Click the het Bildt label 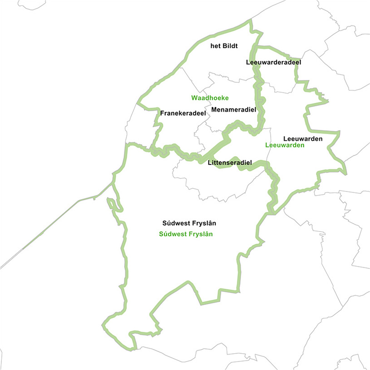coord(224,46)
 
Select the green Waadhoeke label coord(209,98)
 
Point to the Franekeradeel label coord(183,113)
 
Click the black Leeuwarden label coord(302,138)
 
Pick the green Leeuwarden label coord(284,146)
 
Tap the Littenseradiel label coord(229,162)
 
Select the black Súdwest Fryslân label coord(189,223)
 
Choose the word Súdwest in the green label coord(172,235)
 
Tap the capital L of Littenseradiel coord(209,162)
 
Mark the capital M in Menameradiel coord(214,110)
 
